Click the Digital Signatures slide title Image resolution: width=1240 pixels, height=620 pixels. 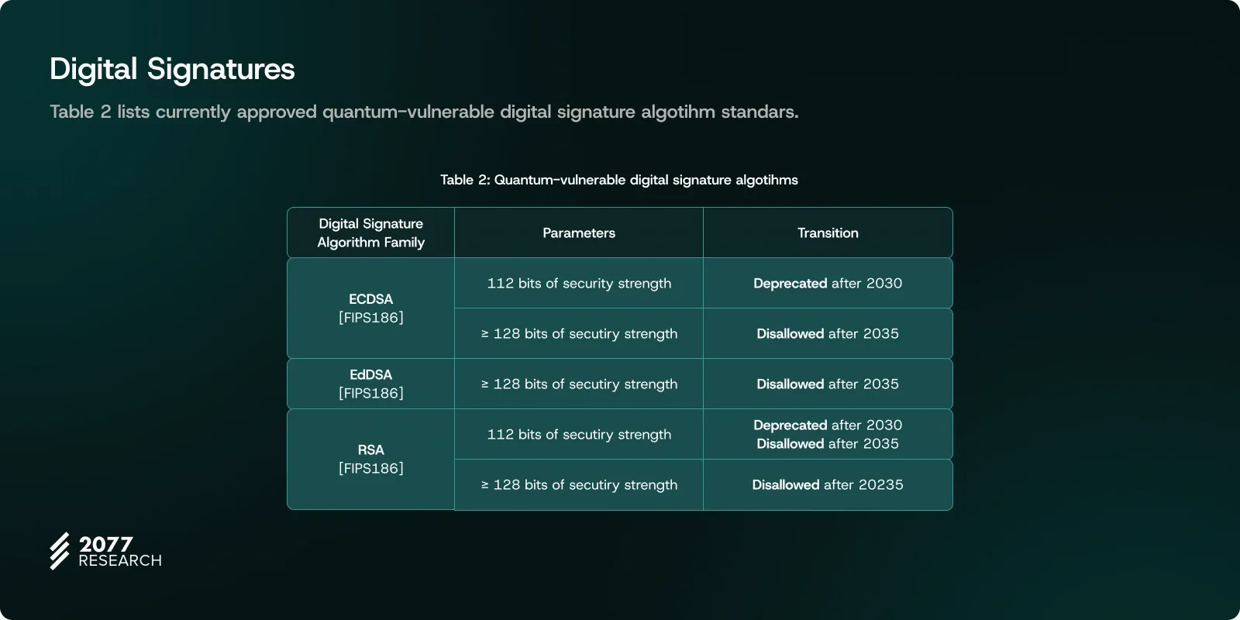pyautogui.click(x=172, y=69)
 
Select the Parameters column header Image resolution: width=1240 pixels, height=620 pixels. pyautogui.click(x=578, y=233)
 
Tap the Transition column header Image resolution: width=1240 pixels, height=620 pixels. pyautogui.click(x=828, y=233)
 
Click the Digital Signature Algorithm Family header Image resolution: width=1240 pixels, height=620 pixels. pyautogui.click(x=371, y=233)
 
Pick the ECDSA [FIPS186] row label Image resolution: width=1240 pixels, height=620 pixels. pyautogui.click(x=371, y=308)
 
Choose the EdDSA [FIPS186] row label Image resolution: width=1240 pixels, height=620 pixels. pyautogui.click(x=371, y=384)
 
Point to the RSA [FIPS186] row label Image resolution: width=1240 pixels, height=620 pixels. pyautogui.click(x=371, y=459)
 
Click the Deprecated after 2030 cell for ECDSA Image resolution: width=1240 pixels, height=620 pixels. pyautogui.click(x=828, y=284)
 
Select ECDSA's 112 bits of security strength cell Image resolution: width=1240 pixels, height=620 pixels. pyautogui.click(x=579, y=284)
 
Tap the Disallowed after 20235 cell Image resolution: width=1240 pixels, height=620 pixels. pyautogui.click(x=828, y=485)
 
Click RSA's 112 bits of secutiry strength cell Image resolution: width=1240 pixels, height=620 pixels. pyautogui.click(x=579, y=435)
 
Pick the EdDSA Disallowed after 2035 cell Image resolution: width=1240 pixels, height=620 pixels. pyautogui.click(x=828, y=384)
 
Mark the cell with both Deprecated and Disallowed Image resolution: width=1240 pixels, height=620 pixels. pyautogui.click(x=828, y=435)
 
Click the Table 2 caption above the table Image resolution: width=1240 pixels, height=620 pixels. pyautogui.click(x=619, y=180)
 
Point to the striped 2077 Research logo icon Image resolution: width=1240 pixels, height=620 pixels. pyautogui.click(x=60, y=551)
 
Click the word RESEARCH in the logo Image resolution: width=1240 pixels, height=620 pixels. pyautogui.click(x=120, y=561)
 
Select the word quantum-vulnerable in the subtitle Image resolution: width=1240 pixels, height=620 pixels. pyautogui.click(x=408, y=112)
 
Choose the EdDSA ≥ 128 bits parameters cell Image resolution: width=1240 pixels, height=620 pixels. pyautogui.click(x=579, y=384)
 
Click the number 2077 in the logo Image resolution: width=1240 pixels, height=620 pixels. pyautogui.click(x=105, y=544)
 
